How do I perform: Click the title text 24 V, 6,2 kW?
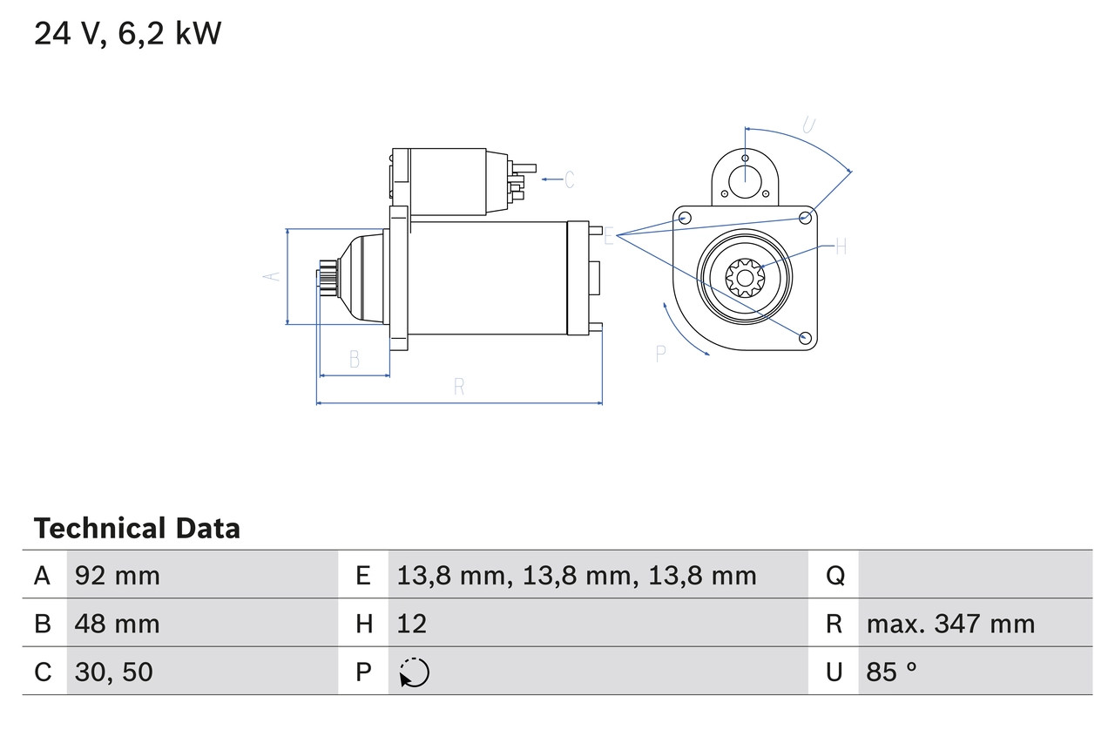tap(128, 34)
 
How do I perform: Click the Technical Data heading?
tap(137, 528)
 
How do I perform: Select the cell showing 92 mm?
tap(118, 575)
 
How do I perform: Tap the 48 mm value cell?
tap(118, 624)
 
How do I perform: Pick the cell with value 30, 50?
tap(114, 672)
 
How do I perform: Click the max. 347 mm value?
tap(950, 624)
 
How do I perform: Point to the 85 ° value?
tap(892, 672)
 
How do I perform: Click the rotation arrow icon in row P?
tap(415, 672)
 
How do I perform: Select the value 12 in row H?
tap(412, 624)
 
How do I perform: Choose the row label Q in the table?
tap(835, 575)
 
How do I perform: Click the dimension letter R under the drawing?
tap(459, 388)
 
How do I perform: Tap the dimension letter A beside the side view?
tap(273, 275)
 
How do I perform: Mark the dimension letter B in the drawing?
tap(354, 359)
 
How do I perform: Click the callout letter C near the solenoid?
tap(569, 179)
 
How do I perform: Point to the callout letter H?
tap(841, 247)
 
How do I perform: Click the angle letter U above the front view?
tap(808, 125)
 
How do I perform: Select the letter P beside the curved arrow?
tap(660, 353)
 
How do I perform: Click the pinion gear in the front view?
tap(745, 279)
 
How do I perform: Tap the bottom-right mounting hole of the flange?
tap(805, 337)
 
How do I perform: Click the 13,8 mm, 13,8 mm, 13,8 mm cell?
tap(577, 575)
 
